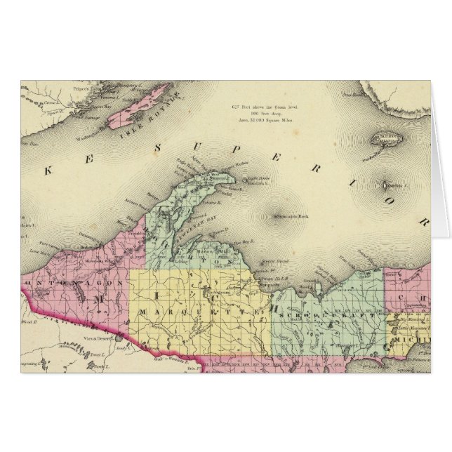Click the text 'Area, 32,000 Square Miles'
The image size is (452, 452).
coord(264,121)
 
